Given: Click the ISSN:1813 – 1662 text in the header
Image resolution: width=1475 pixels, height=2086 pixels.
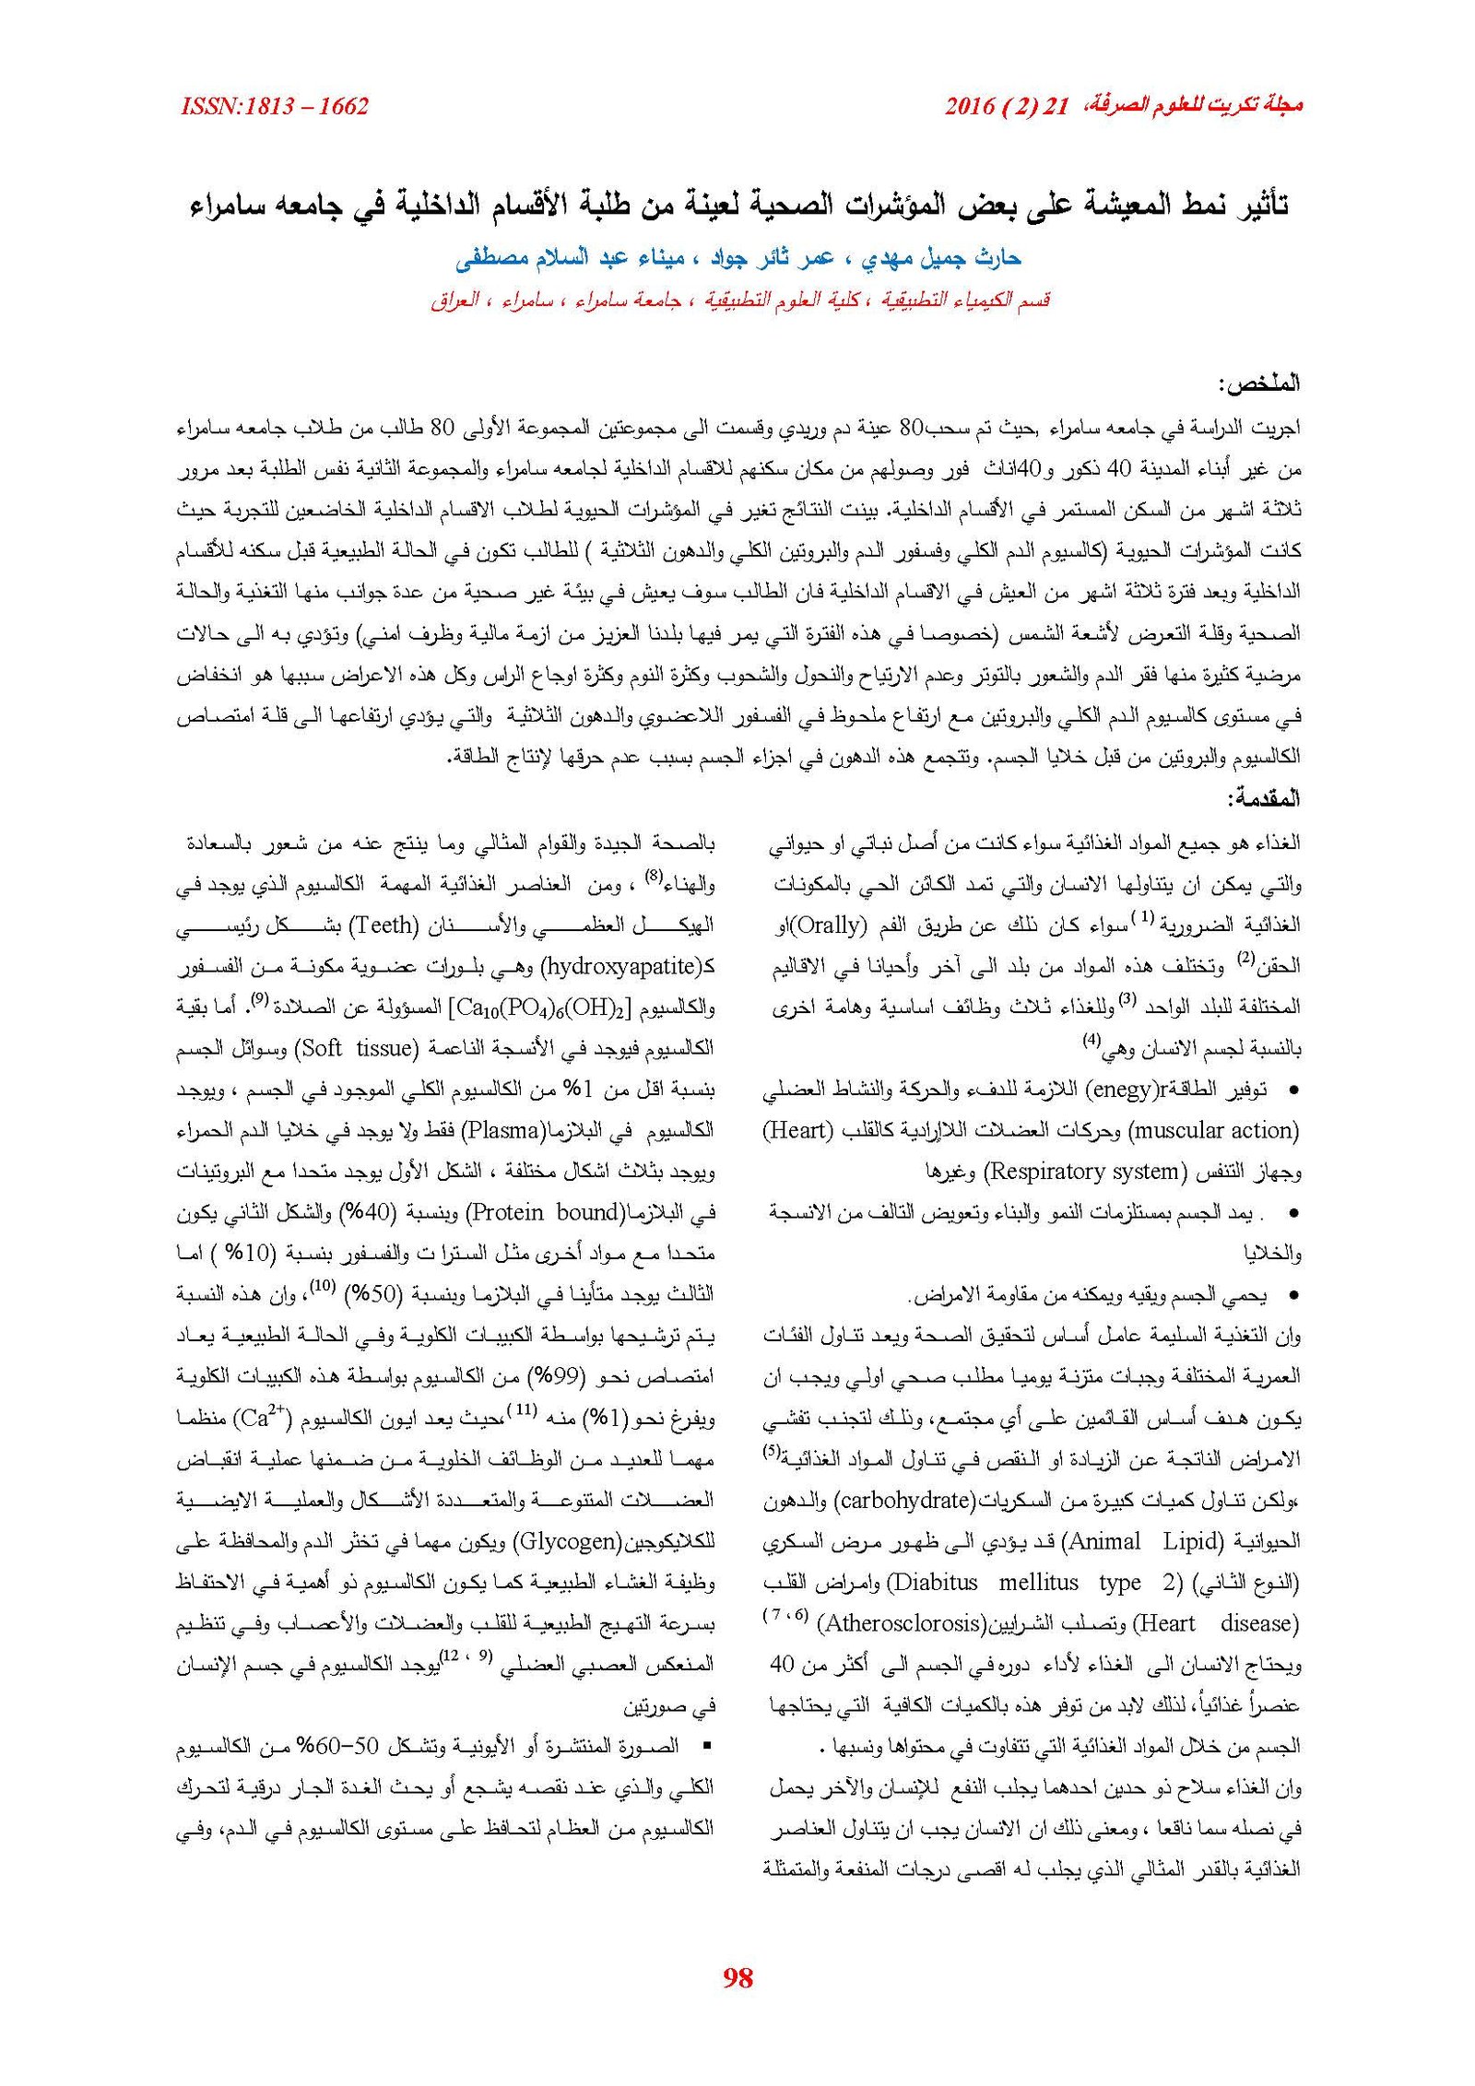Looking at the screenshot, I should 275,107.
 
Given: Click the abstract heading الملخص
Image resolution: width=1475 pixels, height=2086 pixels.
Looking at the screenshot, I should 1260,384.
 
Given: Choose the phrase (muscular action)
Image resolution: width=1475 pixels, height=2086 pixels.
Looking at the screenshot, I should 1213,1130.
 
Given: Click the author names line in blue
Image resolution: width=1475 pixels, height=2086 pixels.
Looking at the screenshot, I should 737,259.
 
